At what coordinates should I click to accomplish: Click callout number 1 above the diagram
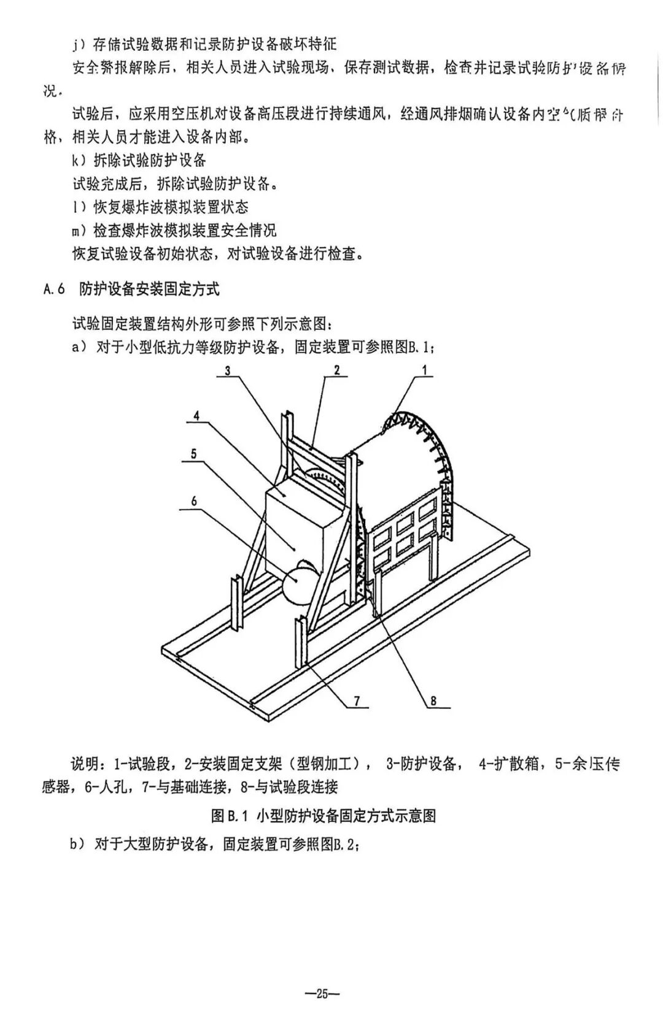point(424,370)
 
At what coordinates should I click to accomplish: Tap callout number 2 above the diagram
point(336,370)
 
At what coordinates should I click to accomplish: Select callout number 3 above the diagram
point(227,370)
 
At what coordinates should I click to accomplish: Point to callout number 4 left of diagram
point(196,415)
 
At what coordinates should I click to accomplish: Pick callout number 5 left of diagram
point(193,454)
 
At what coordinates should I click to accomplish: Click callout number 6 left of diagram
point(194,501)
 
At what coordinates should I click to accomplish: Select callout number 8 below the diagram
point(433,700)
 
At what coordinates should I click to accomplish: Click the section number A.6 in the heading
point(55,290)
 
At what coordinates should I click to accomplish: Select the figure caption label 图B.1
point(228,815)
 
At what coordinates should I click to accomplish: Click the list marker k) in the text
point(80,161)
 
